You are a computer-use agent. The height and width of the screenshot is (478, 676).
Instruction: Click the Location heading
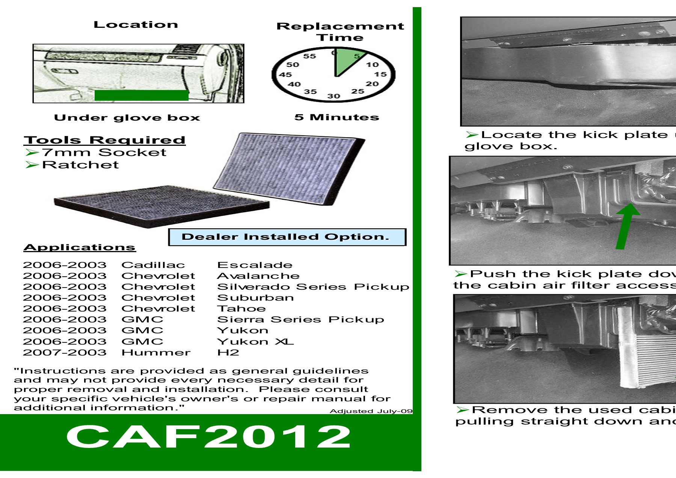point(136,25)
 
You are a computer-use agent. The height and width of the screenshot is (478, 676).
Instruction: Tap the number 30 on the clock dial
point(333,96)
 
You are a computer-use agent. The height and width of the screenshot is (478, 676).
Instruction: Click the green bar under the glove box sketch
point(141,95)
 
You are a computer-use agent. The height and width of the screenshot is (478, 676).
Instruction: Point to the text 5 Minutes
point(336,117)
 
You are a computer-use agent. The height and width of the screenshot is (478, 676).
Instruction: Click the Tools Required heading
point(104,140)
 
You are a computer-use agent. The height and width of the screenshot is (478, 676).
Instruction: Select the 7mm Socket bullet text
point(104,152)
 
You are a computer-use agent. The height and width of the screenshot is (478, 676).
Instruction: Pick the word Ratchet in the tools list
point(80,165)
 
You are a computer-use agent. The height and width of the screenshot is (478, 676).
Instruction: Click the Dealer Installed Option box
point(287,237)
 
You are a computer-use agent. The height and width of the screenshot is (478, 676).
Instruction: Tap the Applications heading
point(79,247)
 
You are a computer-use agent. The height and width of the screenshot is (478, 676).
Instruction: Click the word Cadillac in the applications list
point(153,265)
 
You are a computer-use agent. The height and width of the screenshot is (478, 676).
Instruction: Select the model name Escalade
point(255,265)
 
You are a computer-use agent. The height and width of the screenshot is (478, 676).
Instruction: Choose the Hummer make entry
point(156,352)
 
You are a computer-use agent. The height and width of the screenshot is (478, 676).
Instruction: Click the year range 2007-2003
point(65,352)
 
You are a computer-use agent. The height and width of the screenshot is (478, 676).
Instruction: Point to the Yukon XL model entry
point(255,342)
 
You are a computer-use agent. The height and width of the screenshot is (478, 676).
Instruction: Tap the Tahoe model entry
point(241,309)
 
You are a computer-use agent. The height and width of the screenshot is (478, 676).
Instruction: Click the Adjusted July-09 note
point(371,411)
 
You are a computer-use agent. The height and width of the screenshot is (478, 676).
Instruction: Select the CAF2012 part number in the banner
point(208,437)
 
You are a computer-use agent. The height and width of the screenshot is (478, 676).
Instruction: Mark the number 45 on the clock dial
point(285,74)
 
